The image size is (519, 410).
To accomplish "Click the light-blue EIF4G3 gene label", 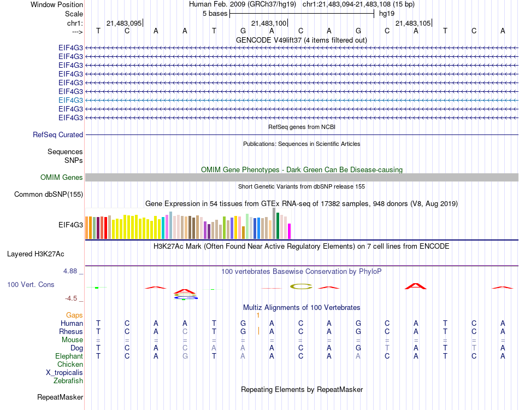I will (70, 100).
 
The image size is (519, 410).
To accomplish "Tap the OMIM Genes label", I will (62, 177).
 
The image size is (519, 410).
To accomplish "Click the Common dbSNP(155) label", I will (49, 194).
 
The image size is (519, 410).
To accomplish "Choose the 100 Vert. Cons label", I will (31, 285).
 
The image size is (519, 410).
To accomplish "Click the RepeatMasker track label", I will (60, 397).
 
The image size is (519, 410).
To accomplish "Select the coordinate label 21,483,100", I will (269, 23).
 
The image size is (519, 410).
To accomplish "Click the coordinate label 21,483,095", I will (124, 23).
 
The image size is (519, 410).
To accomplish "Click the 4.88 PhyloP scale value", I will (73, 271).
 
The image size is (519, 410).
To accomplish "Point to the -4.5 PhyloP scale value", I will (73, 298).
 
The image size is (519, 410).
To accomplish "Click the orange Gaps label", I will (74, 315).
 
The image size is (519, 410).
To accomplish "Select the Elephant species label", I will (69, 356).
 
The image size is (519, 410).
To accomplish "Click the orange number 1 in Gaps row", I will (257, 315).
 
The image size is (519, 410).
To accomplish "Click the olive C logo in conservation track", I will (300, 286).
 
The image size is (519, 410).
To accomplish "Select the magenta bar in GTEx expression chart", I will (289, 231).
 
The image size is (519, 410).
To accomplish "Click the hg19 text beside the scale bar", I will (387, 13).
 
